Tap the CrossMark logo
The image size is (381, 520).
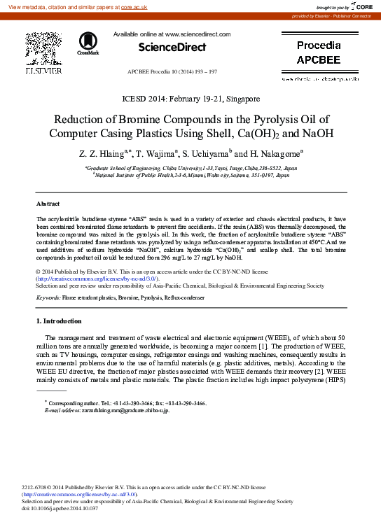(88, 43)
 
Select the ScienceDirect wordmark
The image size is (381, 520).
(172, 47)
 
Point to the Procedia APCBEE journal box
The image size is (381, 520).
(319, 52)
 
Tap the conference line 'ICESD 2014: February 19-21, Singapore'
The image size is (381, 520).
(190, 99)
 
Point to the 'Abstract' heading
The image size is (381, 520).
(48, 204)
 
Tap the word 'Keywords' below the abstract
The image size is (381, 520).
(48, 297)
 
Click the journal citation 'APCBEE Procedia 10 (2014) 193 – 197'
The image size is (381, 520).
(172, 72)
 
